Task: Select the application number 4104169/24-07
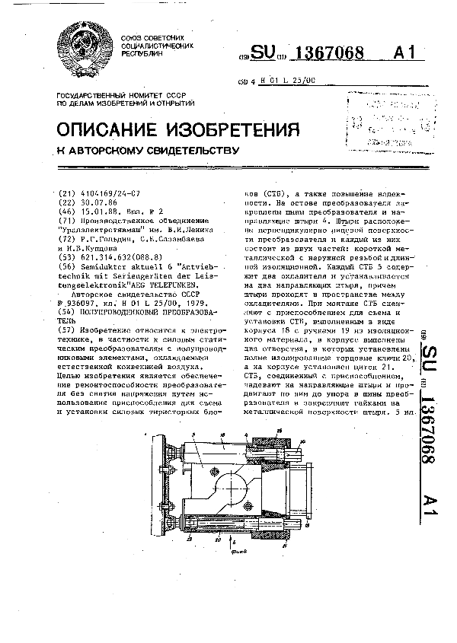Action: (x=107, y=194)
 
